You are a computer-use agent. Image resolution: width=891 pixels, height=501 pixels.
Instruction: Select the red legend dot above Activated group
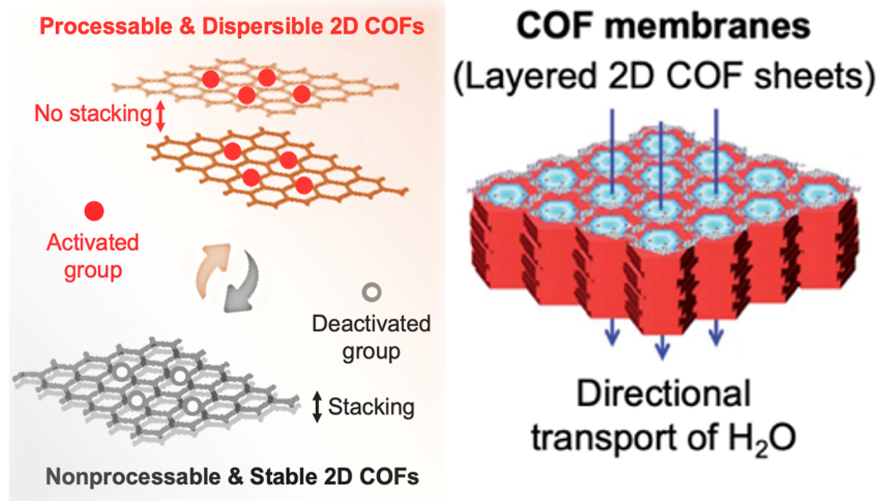click(x=94, y=211)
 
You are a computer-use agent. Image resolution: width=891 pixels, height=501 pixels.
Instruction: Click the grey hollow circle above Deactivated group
click(x=371, y=292)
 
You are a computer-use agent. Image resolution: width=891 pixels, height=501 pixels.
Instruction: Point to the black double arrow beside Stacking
click(x=317, y=406)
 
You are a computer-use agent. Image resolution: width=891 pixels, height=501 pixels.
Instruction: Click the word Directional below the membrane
click(x=663, y=394)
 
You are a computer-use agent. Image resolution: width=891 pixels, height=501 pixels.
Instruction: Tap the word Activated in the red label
click(x=92, y=242)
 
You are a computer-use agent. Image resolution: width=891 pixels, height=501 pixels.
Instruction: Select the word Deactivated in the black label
click(x=371, y=323)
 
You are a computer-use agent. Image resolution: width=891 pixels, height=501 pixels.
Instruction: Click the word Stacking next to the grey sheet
click(x=371, y=406)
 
